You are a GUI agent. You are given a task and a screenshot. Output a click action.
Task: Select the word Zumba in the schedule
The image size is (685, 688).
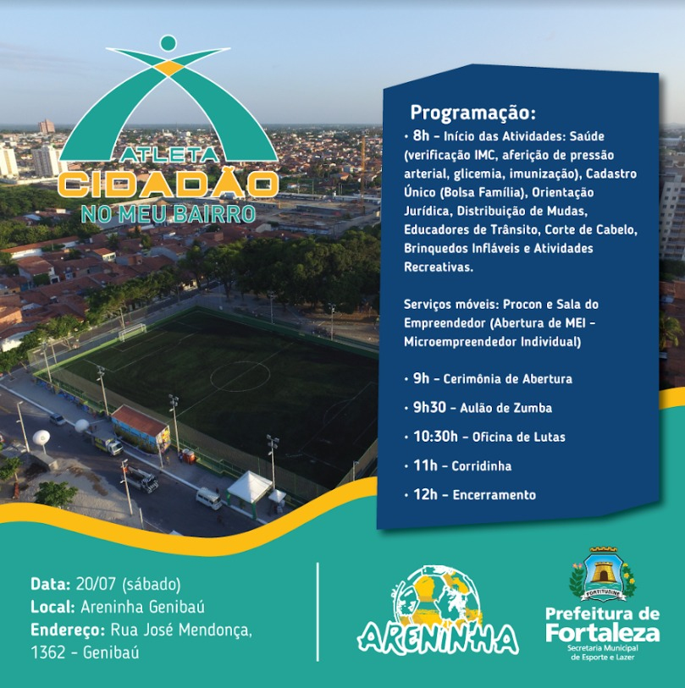click(x=533, y=409)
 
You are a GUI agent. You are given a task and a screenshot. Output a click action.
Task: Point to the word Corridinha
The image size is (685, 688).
click(x=482, y=466)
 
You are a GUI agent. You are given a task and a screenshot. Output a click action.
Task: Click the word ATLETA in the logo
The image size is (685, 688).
click(x=168, y=155)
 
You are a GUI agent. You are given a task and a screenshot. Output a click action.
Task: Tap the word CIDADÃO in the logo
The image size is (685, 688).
click(x=168, y=184)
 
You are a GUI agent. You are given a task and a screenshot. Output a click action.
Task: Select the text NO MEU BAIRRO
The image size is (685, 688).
click(x=168, y=212)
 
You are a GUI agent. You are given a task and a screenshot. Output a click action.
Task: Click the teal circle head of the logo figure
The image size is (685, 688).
click(x=168, y=42)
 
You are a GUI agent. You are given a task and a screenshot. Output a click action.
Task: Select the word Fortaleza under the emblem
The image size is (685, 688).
click(x=602, y=632)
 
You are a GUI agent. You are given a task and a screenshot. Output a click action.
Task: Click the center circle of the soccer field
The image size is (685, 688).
click(x=240, y=376)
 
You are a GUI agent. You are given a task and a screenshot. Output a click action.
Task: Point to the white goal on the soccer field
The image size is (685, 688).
click(x=131, y=332)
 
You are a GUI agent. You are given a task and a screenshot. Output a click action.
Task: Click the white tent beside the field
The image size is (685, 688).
click(x=250, y=487)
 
